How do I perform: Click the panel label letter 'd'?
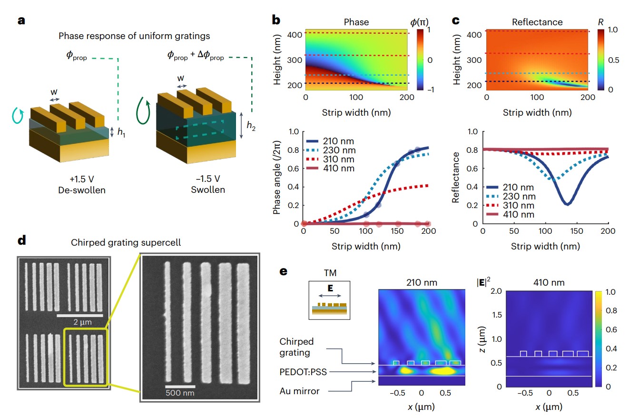[x=21, y=240]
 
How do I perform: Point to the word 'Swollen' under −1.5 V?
[x=208, y=190]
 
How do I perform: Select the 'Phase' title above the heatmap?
[x=356, y=22]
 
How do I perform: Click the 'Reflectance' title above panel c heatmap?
[x=537, y=22]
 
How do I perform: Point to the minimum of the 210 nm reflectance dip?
[x=567, y=204]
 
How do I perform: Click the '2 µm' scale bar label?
[x=80, y=322]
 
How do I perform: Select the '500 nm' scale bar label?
[x=181, y=393]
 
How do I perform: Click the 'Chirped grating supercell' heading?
[x=126, y=242]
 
